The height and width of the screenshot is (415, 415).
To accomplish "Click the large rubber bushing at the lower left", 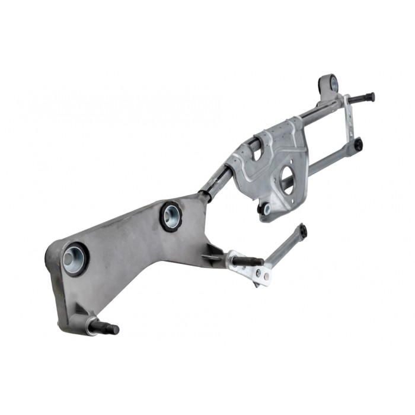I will tap(75, 258).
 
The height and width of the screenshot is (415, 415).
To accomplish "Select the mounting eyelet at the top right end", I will tap(328, 83).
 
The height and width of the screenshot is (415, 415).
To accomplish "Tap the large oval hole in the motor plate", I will tap(288, 180).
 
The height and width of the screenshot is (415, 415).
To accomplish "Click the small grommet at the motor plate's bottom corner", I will tap(265, 208).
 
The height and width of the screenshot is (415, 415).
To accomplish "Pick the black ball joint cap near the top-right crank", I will tap(357, 144).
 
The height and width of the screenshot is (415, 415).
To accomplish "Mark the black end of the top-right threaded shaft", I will tap(370, 96).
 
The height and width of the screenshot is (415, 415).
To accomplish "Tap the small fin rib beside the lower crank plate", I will tap(212, 256).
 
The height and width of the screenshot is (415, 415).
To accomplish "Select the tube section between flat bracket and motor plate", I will tap(216, 181).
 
